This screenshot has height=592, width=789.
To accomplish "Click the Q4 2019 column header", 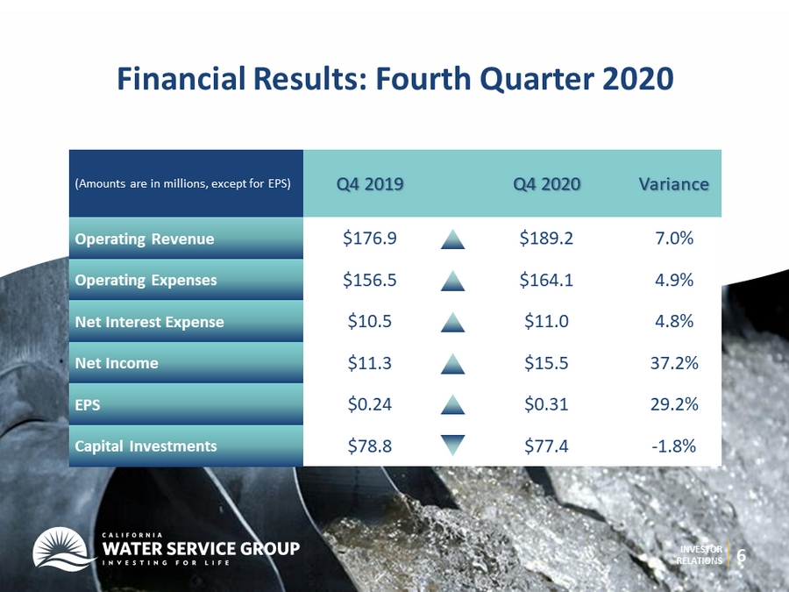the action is tap(370, 184).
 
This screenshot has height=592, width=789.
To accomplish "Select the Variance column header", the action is tap(674, 184).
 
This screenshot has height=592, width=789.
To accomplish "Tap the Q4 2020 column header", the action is tap(546, 184).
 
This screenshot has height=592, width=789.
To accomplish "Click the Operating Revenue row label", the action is tap(145, 239).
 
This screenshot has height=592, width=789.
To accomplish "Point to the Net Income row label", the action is tap(117, 363).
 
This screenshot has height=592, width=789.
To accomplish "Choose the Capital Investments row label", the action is tap(146, 446).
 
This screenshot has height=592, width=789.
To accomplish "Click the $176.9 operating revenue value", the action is tap(370, 238).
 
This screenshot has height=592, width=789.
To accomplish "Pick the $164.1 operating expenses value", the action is tap(546, 280).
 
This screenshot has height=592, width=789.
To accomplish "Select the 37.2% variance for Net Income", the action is tap(674, 362).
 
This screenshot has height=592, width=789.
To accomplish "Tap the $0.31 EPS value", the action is tap(546, 403).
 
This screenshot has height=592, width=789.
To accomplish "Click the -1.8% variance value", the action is tap(674, 446).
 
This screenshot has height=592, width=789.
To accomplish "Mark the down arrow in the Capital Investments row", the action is tap(453, 445).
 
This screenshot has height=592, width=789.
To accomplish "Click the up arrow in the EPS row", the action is tap(453, 404).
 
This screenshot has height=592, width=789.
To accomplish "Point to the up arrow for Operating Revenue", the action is tap(453, 239).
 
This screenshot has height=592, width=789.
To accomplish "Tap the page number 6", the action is tap(741, 556).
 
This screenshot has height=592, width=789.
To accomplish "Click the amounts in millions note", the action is tap(182, 184).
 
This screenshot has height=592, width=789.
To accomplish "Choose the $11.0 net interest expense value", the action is tap(546, 321).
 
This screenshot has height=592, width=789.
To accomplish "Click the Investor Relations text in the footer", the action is tap(699, 555).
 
